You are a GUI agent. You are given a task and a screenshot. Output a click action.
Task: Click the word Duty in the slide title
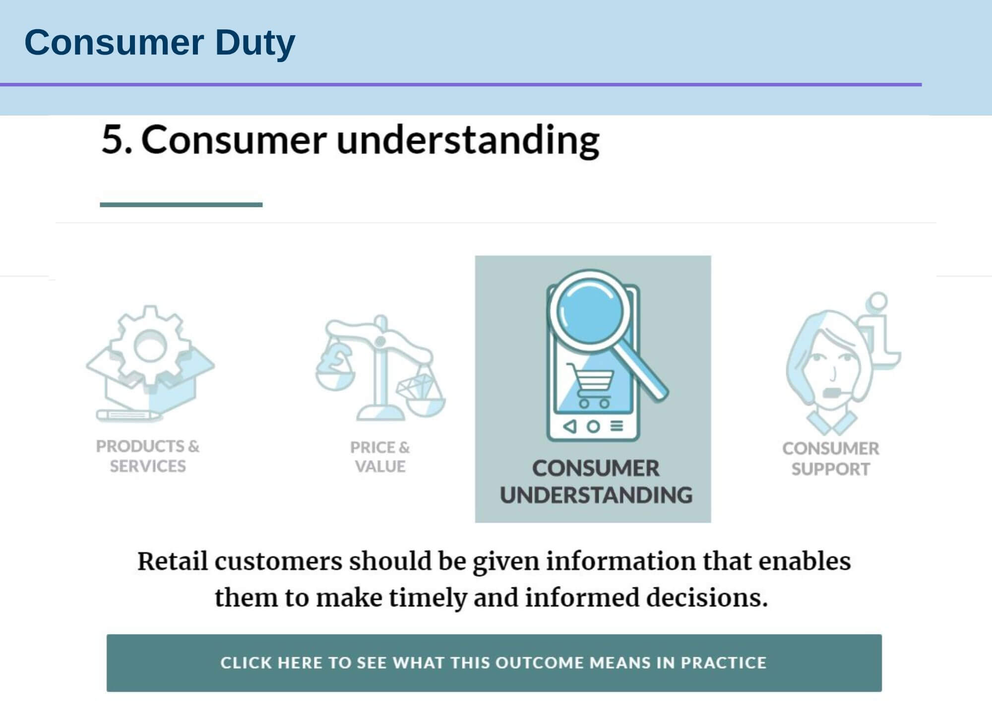tap(255, 43)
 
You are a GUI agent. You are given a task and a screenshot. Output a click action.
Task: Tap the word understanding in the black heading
tap(468, 140)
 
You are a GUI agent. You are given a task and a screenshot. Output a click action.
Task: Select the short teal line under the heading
tap(181, 204)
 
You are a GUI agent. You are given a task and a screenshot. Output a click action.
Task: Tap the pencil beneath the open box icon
tap(128, 414)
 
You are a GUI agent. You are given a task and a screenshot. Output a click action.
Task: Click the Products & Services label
tap(148, 456)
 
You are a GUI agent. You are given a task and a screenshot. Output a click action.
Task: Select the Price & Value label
tap(380, 457)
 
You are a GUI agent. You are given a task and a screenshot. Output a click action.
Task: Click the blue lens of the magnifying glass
tap(590, 311)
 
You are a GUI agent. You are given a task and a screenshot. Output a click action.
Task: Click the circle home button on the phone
tap(593, 426)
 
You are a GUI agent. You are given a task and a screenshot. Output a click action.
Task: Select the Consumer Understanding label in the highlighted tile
tap(596, 482)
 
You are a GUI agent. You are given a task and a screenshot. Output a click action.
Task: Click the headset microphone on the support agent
tap(832, 393)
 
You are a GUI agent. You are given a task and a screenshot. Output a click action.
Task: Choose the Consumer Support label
tap(831, 459)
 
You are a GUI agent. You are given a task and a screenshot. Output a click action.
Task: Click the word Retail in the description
tap(172, 561)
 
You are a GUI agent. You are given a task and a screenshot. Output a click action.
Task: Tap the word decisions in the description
tap(706, 597)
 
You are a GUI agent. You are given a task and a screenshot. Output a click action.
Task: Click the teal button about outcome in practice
tap(494, 663)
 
